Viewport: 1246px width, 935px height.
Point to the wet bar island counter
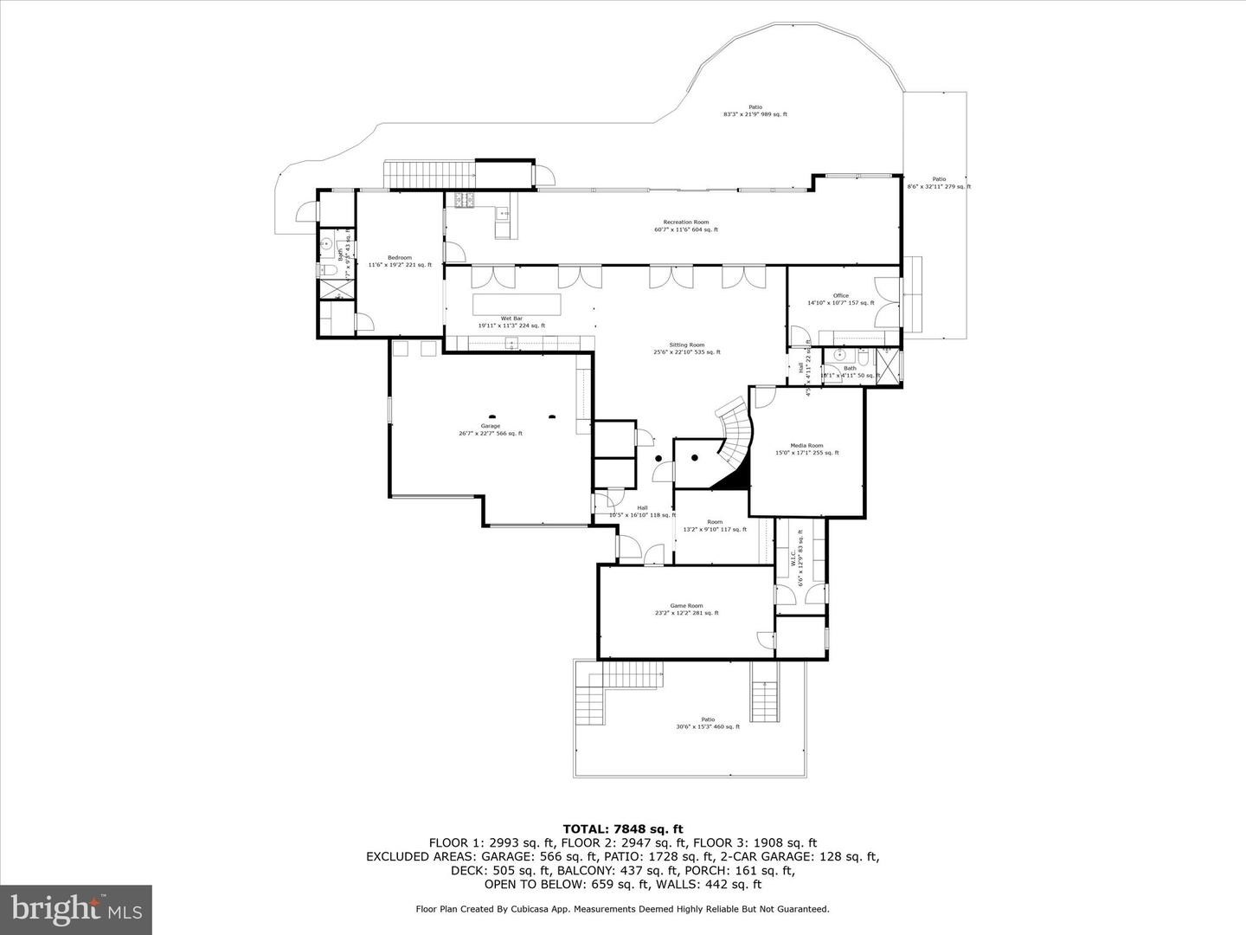(517, 305)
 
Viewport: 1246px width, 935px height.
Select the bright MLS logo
(76, 909)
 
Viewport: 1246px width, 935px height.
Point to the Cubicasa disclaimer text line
(622, 909)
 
